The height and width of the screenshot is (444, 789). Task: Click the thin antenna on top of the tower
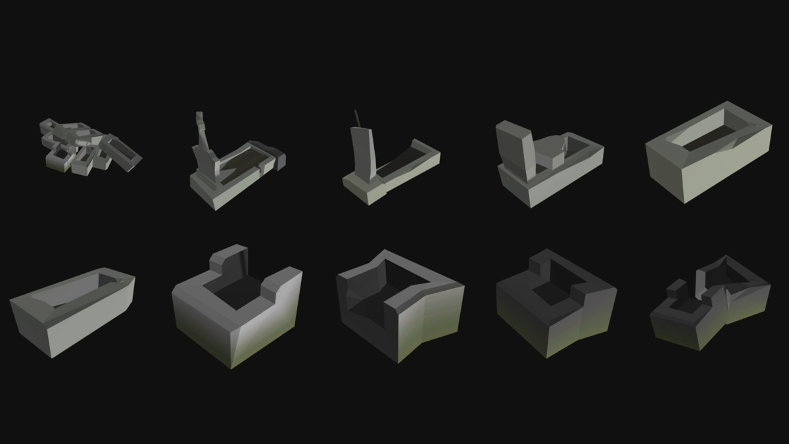coord(357,118)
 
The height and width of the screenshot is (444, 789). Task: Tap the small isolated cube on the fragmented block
coord(676,288)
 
